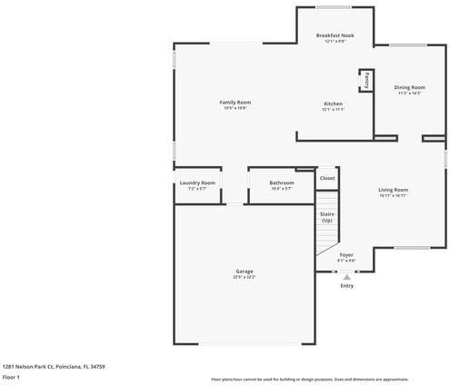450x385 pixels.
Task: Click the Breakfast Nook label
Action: coord(335,35)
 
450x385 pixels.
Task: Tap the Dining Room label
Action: coord(409,87)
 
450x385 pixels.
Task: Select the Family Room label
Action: coord(235,102)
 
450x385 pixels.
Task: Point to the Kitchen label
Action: coord(333,104)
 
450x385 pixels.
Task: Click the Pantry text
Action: coord(366,80)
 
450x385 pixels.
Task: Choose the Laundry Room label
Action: coord(197,183)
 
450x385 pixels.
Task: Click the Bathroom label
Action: coord(282,183)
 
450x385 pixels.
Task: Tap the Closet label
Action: coord(327,178)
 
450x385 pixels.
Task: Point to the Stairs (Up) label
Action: coord(326,217)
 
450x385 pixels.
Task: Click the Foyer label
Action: coord(346,255)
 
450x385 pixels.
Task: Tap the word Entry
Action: coord(346,286)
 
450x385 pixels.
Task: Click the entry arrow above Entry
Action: coord(346,275)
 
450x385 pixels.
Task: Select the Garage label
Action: coord(244,271)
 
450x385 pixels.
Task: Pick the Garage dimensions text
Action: coord(244,277)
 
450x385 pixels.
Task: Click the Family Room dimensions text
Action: coord(235,108)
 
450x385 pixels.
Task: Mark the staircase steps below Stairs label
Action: coord(326,245)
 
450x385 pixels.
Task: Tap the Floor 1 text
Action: coord(11,376)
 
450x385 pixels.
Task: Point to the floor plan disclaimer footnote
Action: coord(309,379)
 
